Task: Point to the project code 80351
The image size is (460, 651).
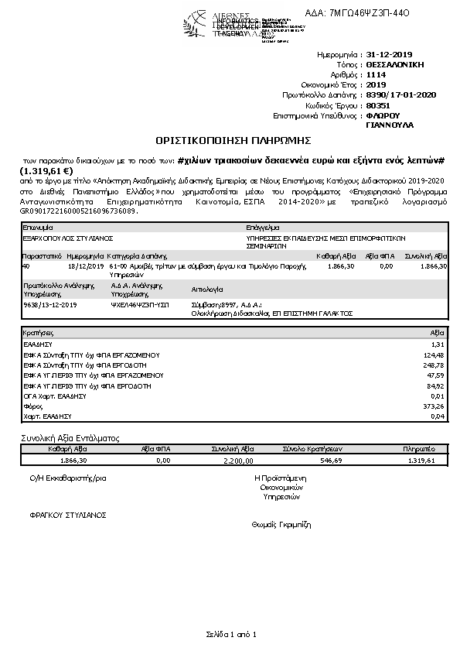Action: (x=377, y=105)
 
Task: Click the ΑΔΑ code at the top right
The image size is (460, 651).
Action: (x=370, y=12)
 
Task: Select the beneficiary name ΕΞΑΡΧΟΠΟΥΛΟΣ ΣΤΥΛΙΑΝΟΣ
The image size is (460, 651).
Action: (x=69, y=239)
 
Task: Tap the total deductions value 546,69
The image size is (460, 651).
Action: (x=331, y=460)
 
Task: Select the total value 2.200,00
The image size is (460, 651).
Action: (x=237, y=460)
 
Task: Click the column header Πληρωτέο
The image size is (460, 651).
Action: (x=419, y=449)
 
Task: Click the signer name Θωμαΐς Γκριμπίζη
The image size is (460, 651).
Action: (x=281, y=524)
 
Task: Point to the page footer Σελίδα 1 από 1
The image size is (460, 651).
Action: (x=230, y=635)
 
